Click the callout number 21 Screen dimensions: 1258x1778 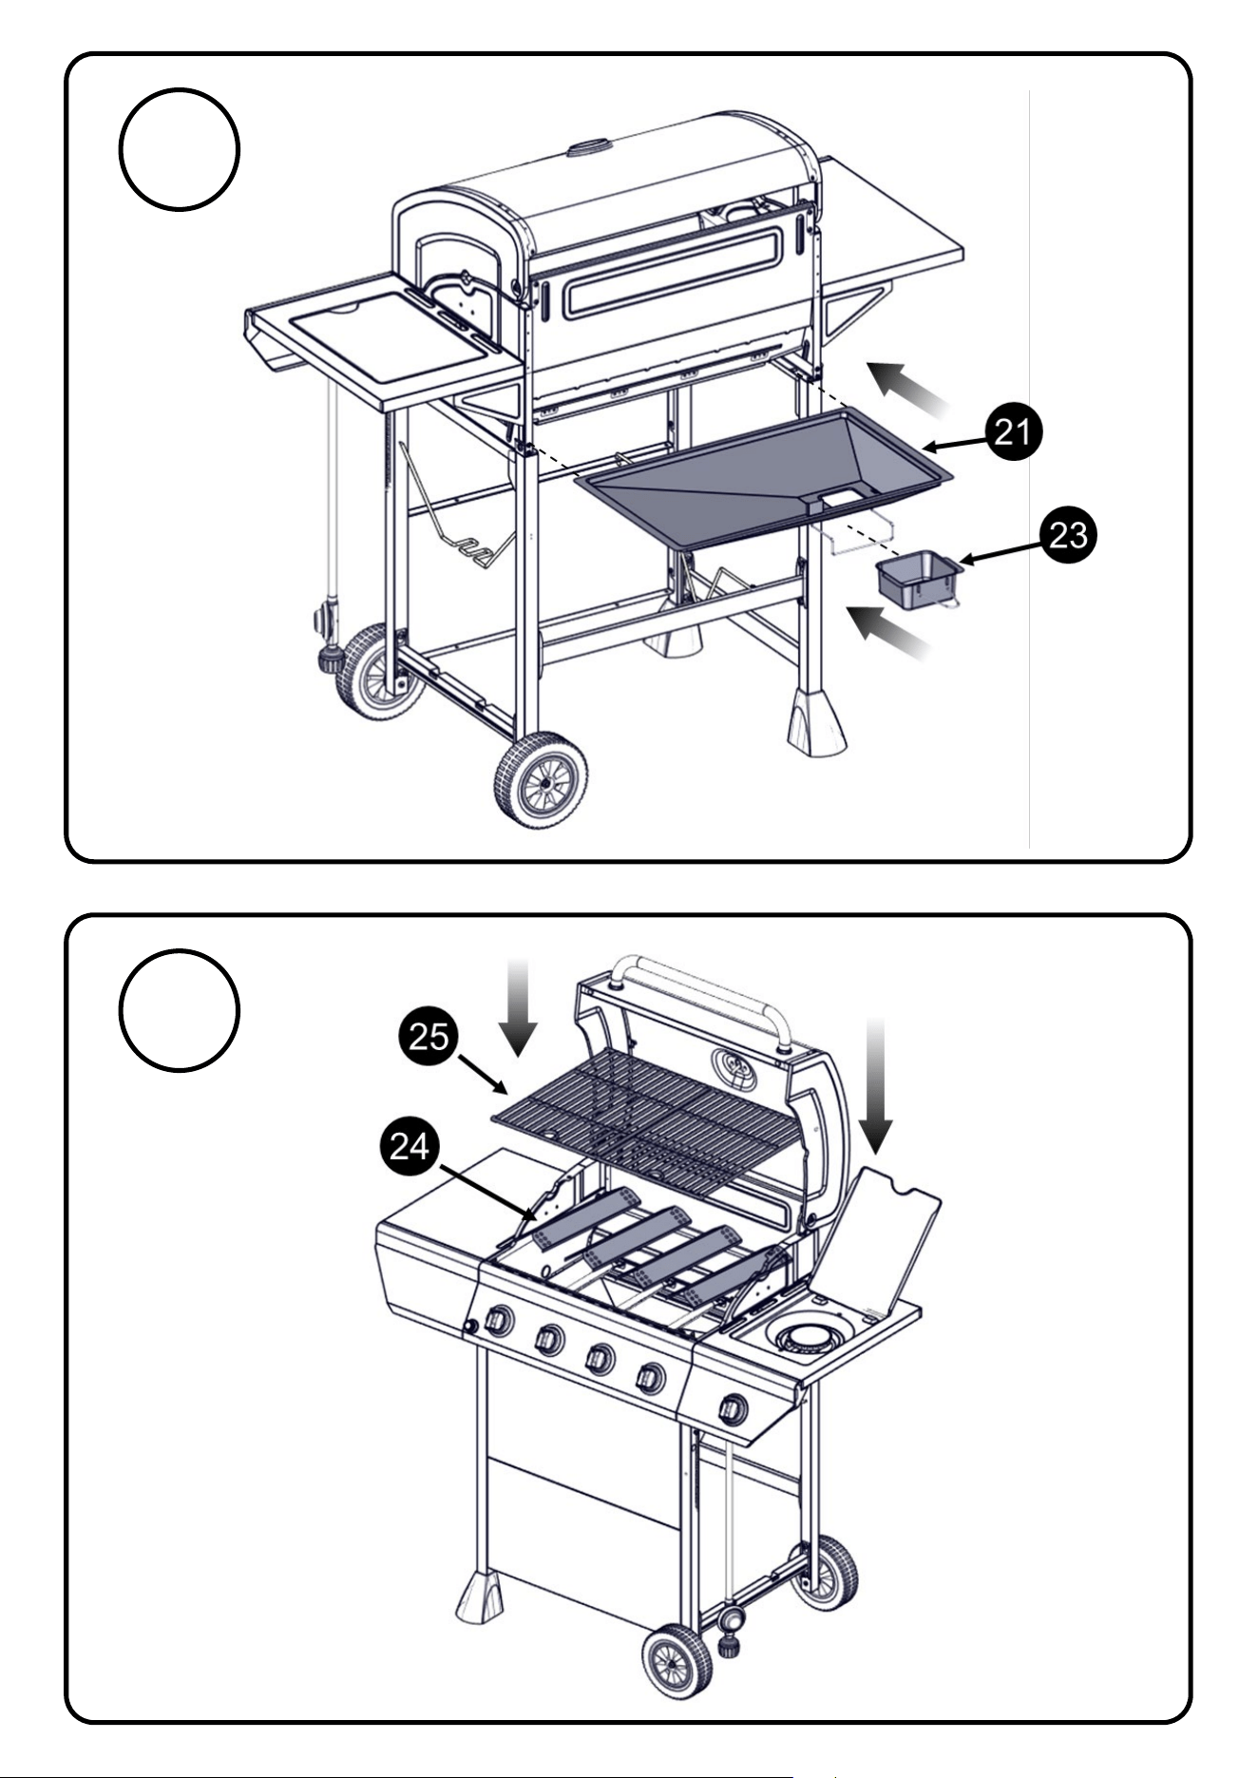click(1013, 432)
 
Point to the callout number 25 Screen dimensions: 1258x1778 click(429, 1035)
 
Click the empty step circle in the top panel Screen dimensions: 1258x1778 click(179, 149)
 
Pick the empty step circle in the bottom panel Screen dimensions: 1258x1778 click(179, 1010)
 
